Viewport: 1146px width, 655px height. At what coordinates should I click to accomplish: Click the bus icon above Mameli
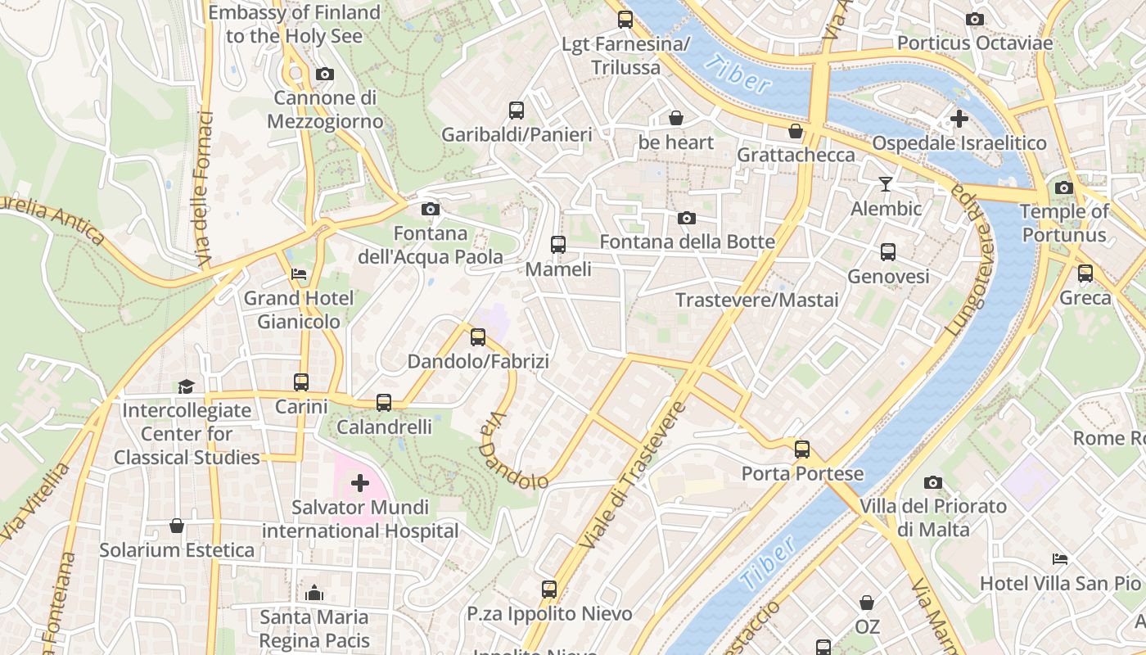tap(558, 244)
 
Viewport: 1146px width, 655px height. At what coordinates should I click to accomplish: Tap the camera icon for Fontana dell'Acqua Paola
tap(430, 210)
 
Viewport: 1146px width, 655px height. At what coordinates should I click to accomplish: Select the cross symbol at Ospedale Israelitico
tap(959, 119)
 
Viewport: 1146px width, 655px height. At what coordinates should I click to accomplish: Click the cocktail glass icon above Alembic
tap(885, 183)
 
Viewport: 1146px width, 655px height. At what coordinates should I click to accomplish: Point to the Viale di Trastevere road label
tap(631, 475)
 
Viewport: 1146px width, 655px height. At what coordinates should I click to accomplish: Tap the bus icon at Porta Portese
tap(802, 449)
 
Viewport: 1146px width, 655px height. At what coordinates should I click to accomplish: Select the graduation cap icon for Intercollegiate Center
tap(187, 386)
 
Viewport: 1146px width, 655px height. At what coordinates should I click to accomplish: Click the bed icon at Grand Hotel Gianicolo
tap(299, 274)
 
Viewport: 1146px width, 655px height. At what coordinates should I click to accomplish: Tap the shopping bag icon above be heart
tap(676, 118)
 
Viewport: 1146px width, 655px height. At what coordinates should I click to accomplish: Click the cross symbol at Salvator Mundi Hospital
tap(360, 483)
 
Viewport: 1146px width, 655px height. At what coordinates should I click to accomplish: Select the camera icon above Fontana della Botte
tap(687, 218)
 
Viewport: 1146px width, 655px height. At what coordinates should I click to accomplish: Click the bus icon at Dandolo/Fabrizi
tap(478, 337)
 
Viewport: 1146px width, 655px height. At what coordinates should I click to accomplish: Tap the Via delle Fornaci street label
tap(204, 189)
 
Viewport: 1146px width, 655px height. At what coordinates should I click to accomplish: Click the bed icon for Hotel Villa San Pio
tap(1060, 559)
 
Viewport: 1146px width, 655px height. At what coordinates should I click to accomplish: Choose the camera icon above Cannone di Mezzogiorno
tap(324, 75)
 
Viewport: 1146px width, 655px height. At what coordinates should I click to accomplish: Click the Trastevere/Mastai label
tap(757, 300)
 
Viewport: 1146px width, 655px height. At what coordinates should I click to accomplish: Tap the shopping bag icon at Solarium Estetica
tap(177, 525)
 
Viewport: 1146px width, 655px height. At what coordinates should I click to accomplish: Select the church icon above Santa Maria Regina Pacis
tap(314, 593)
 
